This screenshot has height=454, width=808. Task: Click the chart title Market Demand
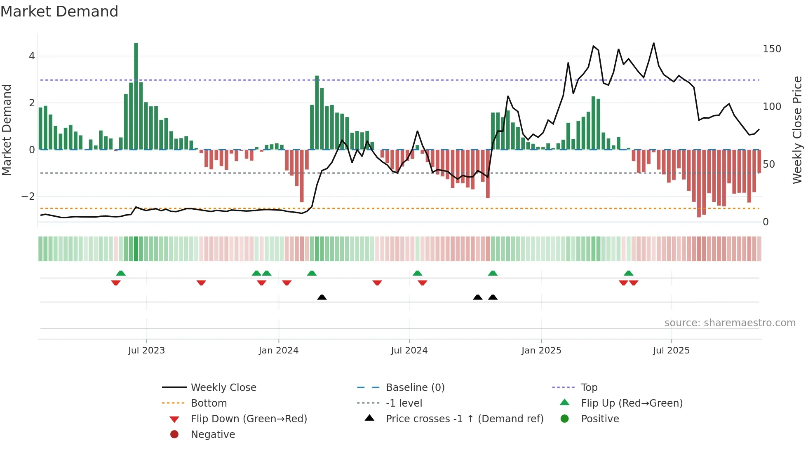[x=59, y=12]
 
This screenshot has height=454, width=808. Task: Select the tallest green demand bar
[x=136, y=96]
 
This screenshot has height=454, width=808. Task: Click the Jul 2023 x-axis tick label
[x=146, y=351]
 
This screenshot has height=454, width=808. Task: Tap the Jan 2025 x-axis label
[x=541, y=351]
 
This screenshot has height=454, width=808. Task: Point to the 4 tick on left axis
[x=32, y=56]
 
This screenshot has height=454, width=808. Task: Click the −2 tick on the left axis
[x=28, y=197]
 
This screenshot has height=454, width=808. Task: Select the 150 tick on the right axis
[x=772, y=49]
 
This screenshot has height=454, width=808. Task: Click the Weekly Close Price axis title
[x=797, y=130]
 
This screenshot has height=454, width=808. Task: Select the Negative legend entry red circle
[x=174, y=435]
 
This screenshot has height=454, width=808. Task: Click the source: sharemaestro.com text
[x=730, y=323]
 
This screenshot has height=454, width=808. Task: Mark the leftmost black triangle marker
[x=322, y=297]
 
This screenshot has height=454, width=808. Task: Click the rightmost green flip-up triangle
[x=628, y=273]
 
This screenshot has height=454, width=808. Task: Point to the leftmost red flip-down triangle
[x=116, y=283]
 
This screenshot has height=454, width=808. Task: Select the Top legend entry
[x=589, y=388]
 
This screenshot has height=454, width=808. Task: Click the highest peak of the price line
[x=653, y=43]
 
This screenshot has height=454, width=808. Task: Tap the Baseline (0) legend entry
[x=415, y=388]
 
